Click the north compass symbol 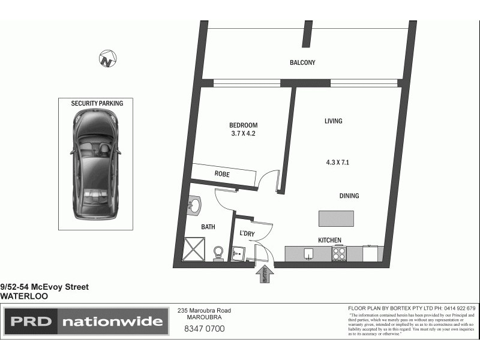tap(108, 59)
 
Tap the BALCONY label tap(302, 62)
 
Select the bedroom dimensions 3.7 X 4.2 tap(243, 134)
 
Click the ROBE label tap(222, 174)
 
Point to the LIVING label tap(333, 121)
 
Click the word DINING tap(349, 196)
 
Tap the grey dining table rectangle tap(336, 218)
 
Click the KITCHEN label tap(329, 240)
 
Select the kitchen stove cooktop tap(340, 254)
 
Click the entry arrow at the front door tap(265, 274)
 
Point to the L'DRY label tap(248, 233)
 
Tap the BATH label tap(208, 227)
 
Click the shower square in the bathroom tap(193, 249)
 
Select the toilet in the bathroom tap(219, 252)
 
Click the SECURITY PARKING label tap(97, 103)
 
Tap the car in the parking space tap(96, 165)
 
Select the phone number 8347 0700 tap(204, 329)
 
